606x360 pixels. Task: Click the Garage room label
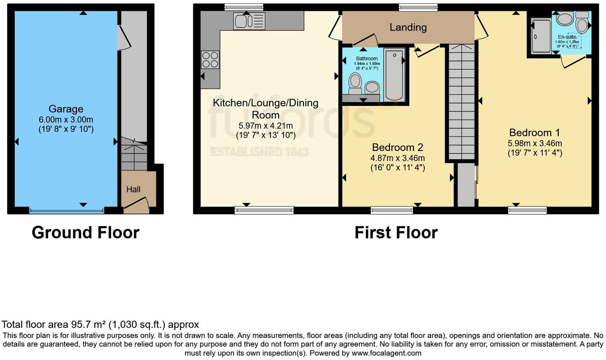[66, 109]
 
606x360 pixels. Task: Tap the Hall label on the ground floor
[133, 190]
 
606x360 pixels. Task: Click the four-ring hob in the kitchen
[210, 60]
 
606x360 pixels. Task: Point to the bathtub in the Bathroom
[394, 74]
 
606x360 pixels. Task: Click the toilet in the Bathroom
[355, 83]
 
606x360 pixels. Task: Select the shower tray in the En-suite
[540, 36]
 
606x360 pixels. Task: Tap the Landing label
[408, 27]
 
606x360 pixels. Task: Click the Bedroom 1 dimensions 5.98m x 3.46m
[535, 143]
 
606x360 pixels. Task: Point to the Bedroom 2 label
[397, 147]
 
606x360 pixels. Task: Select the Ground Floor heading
[85, 233]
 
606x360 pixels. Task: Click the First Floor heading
[396, 233]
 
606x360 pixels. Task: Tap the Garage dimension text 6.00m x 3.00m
[66, 119]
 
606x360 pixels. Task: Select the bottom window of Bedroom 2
[392, 210]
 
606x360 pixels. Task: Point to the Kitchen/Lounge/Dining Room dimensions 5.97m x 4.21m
[266, 126]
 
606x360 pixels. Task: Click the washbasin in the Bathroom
[372, 87]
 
